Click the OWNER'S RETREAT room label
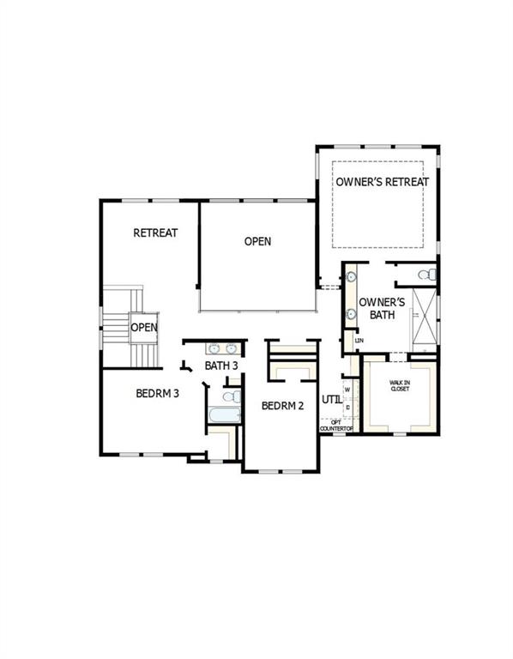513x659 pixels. pos(382,182)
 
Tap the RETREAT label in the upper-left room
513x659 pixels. pos(155,233)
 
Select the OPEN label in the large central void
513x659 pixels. pos(257,241)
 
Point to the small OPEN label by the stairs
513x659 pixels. pos(143,327)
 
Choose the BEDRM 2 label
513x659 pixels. pos(282,406)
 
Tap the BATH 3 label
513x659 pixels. pos(220,366)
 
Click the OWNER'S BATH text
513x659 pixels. pos(381,308)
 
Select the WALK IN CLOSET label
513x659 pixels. pos(400,387)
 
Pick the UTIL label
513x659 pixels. pos(331,399)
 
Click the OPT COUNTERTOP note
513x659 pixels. pos(336,426)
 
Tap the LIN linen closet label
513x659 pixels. pos(359,341)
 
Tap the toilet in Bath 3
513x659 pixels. pos(231,396)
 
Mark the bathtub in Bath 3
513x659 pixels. pos(225,416)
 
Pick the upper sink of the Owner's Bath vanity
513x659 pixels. pos(351,277)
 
